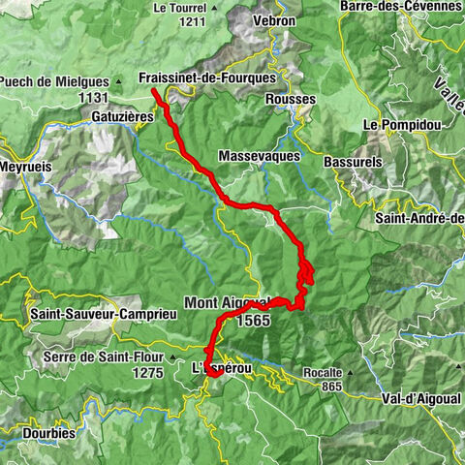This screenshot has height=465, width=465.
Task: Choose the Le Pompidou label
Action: click(x=396, y=125)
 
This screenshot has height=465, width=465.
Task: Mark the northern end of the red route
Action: click(x=154, y=92)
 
